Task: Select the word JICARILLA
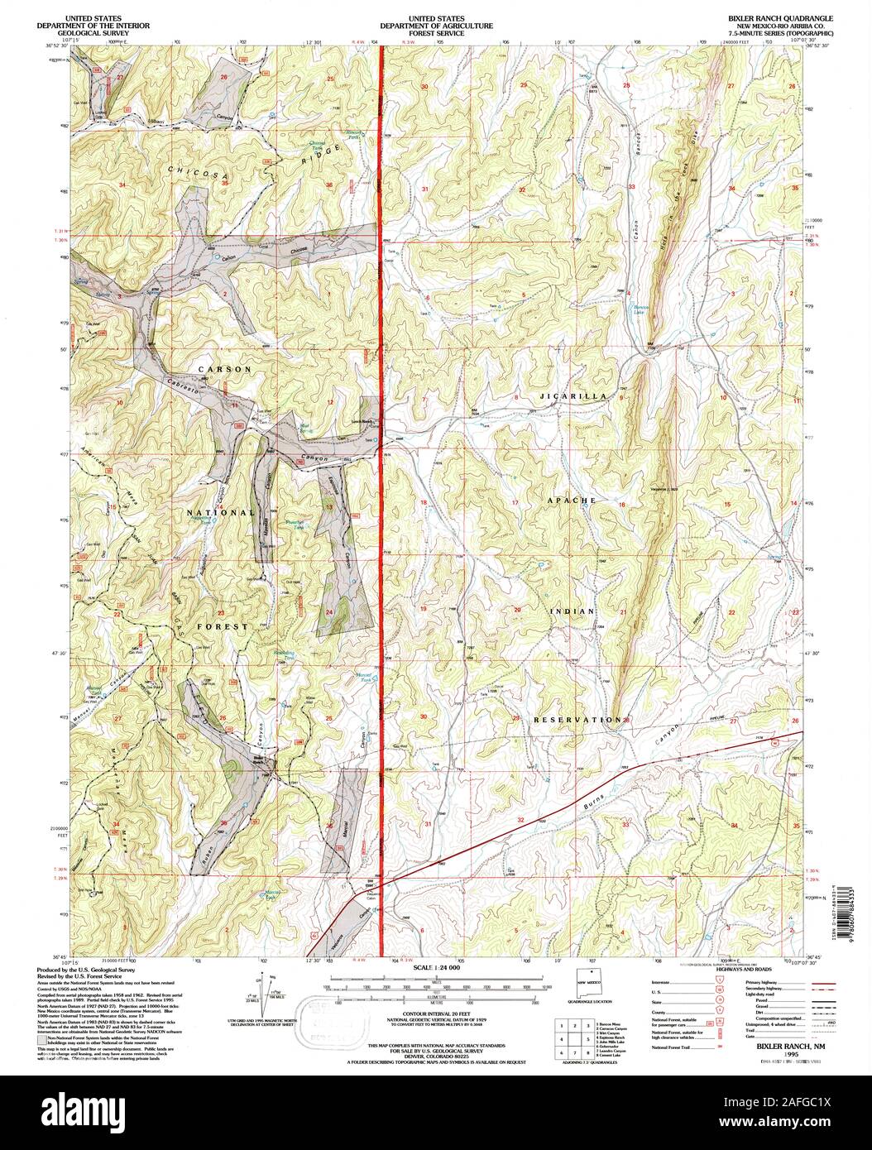[x=572, y=397]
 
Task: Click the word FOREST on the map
[x=222, y=627]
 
